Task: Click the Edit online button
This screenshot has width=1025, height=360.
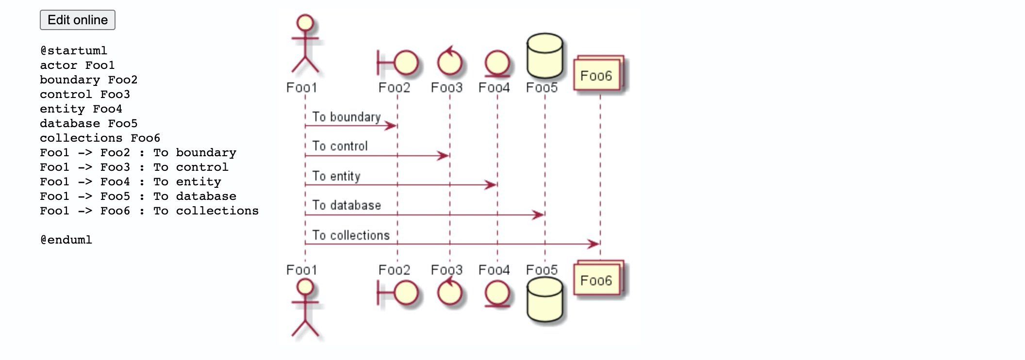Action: (78, 20)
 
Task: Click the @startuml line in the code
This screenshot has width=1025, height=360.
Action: (74, 50)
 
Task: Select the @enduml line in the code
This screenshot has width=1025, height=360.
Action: (66, 240)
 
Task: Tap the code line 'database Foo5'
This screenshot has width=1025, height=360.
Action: (89, 123)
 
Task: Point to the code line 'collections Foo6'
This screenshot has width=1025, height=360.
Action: (100, 138)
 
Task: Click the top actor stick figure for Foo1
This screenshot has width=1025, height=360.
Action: (305, 45)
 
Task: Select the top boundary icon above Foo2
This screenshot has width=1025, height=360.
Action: (398, 63)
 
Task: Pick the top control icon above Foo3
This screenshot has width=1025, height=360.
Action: (449, 62)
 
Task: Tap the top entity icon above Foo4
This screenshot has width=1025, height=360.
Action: (497, 64)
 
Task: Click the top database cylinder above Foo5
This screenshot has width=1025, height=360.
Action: (545, 56)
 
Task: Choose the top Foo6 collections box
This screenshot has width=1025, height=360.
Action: (598, 73)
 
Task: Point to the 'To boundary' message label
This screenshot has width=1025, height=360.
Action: (347, 117)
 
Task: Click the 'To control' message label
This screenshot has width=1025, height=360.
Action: (340, 146)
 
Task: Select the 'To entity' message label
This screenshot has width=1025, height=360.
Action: (336, 176)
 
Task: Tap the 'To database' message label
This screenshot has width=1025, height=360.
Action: (347, 205)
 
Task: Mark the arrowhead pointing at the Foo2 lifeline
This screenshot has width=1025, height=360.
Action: (391, 126)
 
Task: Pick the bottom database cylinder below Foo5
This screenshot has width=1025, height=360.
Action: (545, 299)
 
